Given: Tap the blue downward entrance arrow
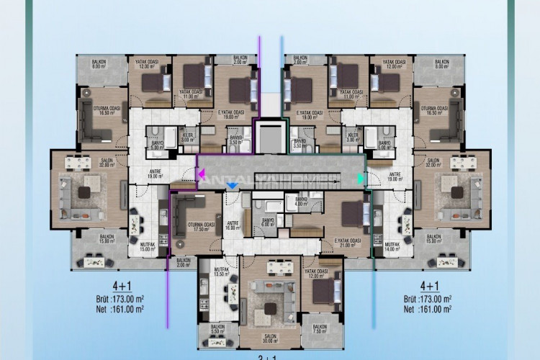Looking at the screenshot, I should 232,186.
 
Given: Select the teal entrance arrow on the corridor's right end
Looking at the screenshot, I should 361,177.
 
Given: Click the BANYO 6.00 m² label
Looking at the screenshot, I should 269,222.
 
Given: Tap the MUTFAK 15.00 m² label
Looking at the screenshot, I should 148,248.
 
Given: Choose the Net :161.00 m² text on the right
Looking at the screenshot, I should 428,309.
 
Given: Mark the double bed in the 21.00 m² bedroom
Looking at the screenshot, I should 353,213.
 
